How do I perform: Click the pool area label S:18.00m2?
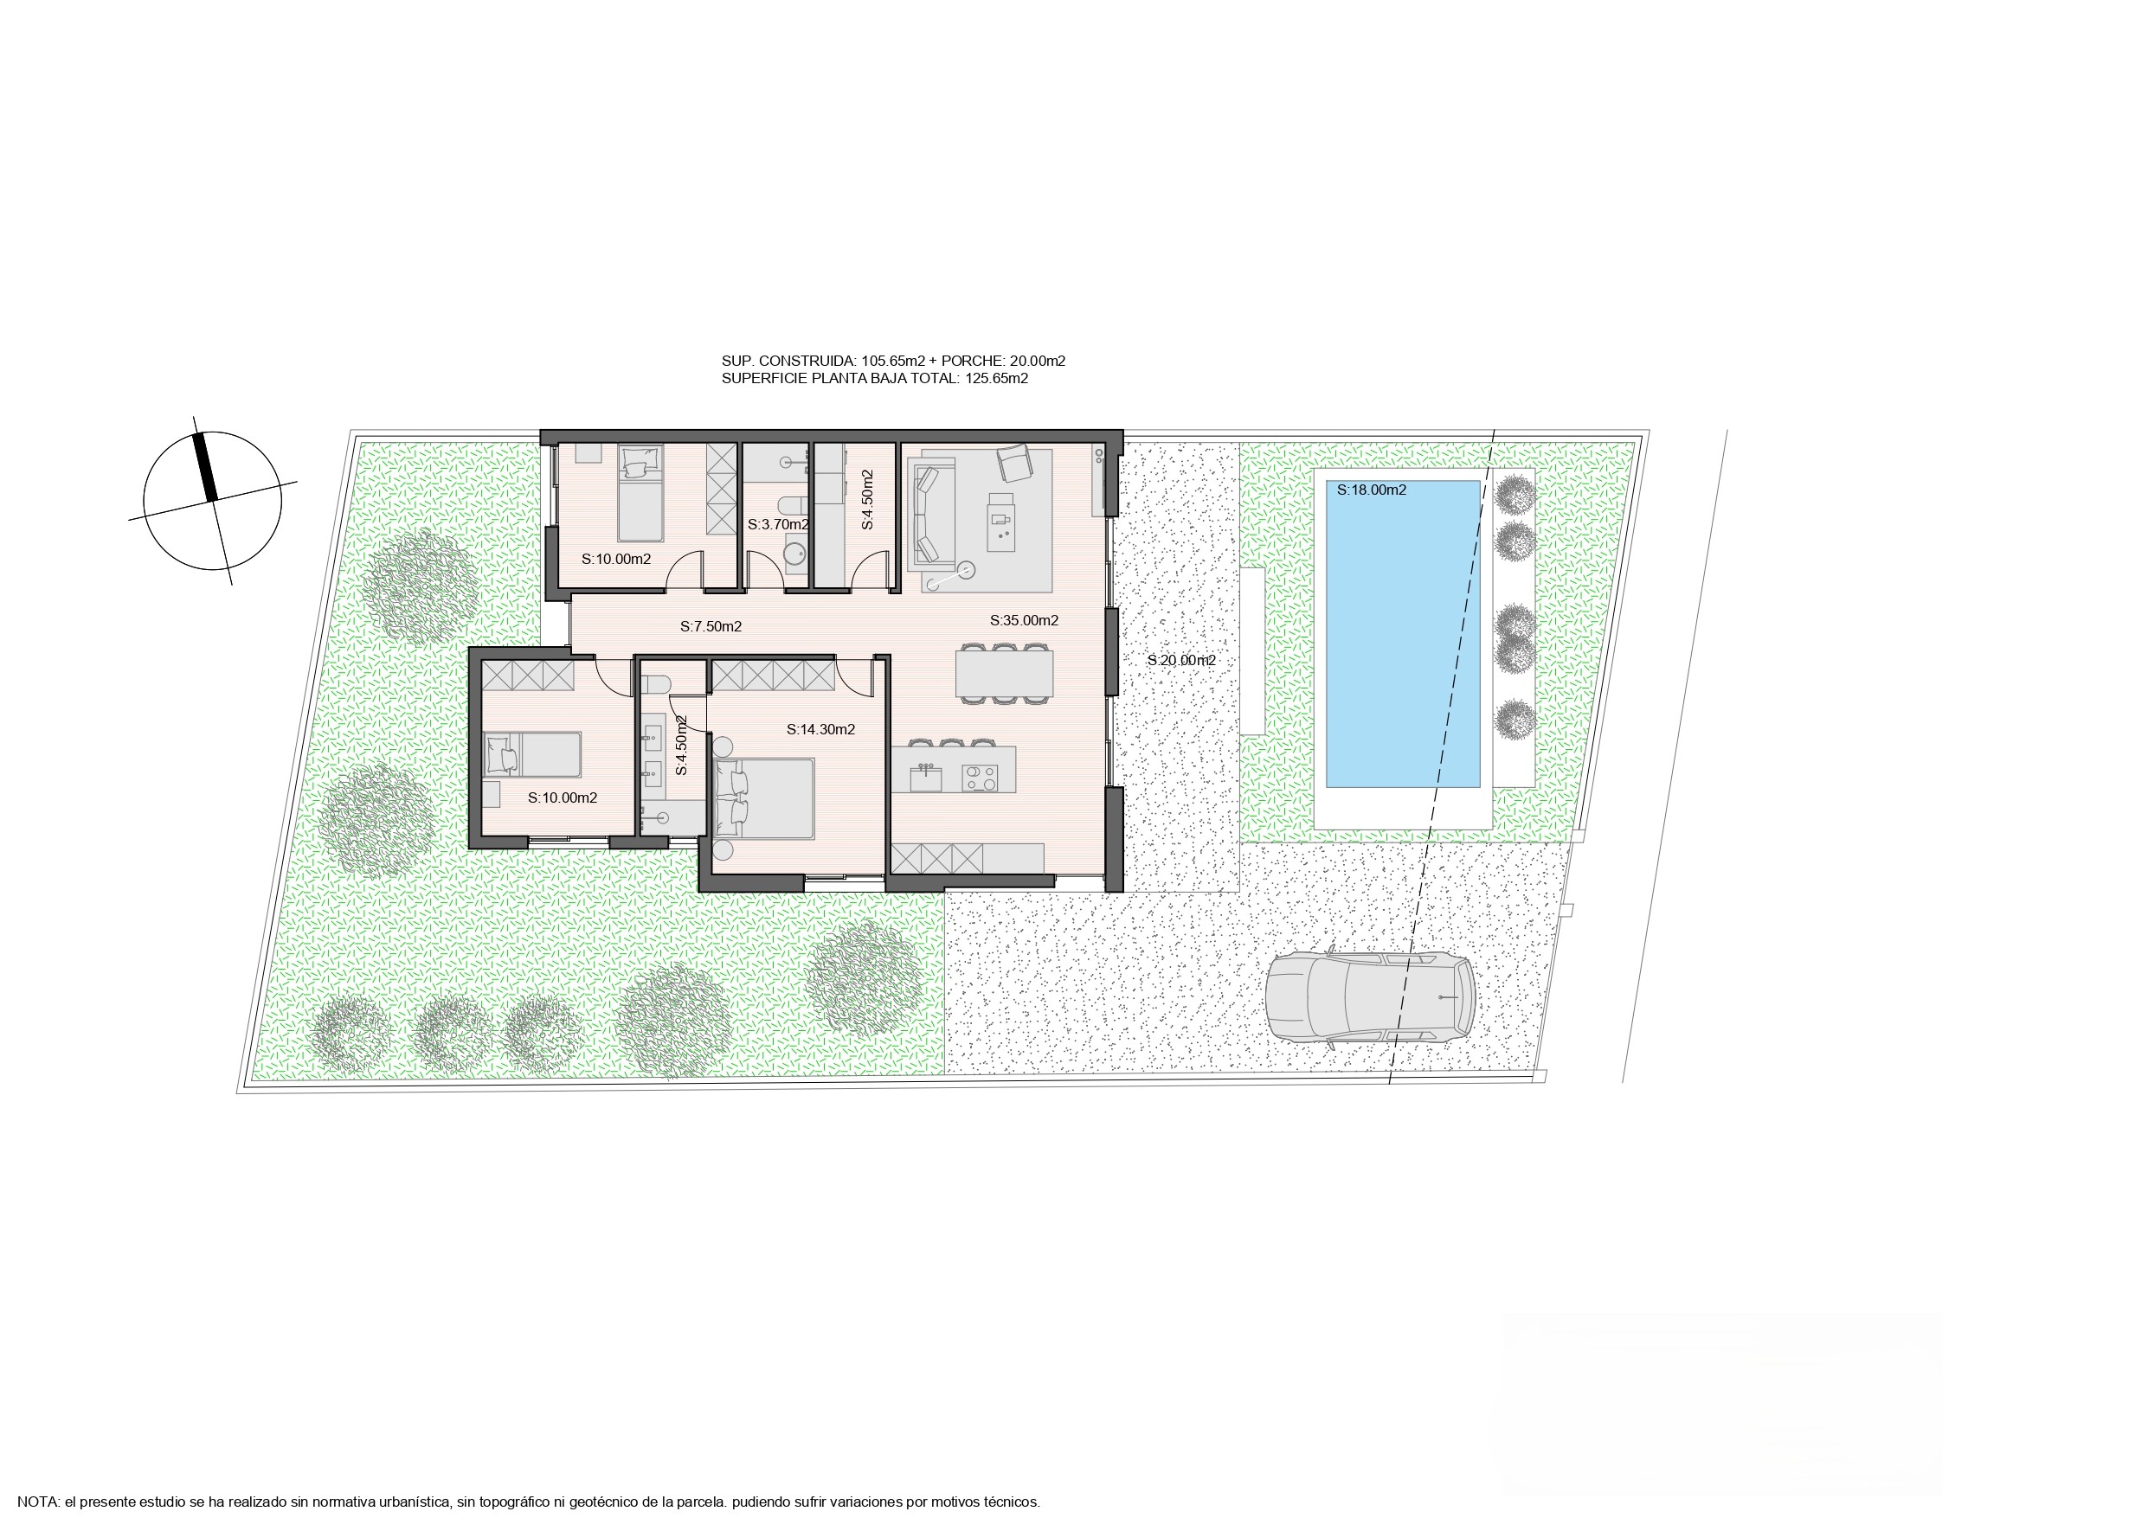(1372, 490)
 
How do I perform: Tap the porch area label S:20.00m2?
(1181, 660)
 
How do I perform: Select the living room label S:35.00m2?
(1025, 620)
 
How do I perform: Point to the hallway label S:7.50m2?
(711, 626)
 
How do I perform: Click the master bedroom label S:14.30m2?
(820, 729)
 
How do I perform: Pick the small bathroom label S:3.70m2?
(778, 525)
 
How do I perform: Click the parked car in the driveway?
(1370, 997)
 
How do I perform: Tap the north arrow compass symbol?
(212, 501)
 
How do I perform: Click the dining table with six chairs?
(1004, 672)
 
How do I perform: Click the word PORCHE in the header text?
(973, 361)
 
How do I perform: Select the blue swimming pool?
(1404, 634)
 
